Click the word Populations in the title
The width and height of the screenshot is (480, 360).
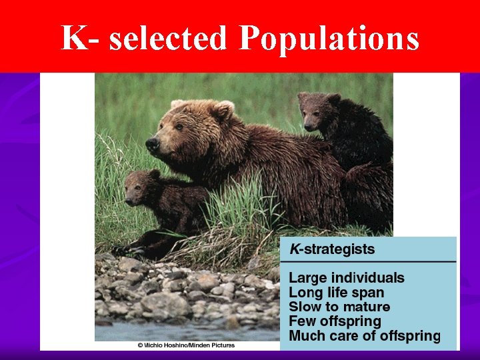(329, 39)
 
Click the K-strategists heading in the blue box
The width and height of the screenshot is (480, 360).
(331, 250)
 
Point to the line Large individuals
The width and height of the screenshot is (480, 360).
(346, 278)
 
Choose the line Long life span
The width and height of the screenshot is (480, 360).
(336, 293)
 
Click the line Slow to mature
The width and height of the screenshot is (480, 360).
(339, 307)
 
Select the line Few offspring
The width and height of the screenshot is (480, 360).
(335, 321)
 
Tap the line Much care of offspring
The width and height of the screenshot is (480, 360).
(364, 335)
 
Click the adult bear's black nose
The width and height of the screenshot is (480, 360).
(152, 143)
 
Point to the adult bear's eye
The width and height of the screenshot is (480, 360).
(179, 127)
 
